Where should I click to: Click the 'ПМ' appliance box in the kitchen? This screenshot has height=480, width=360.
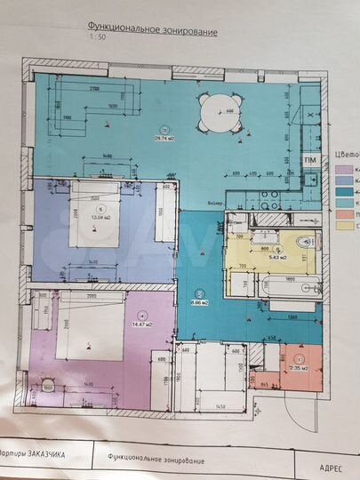pos(309,159)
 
